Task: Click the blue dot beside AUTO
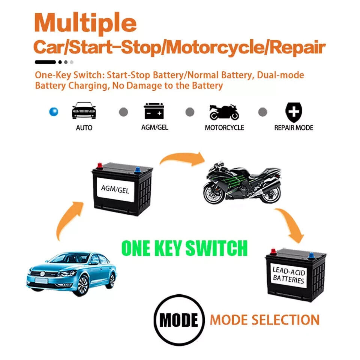[54, 112]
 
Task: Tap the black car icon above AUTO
[84, 110]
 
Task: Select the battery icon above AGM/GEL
[154, 111]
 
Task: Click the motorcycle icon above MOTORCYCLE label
[224, 112]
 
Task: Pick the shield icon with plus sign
[294, 112]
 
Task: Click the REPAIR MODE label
[294, 127]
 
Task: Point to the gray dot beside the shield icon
[262, 112]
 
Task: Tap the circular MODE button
[179, 320]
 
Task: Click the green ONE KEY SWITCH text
[184, 248]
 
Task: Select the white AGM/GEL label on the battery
[115, 189]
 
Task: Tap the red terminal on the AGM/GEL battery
[100, 166]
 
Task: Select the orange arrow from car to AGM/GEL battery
[68, 219]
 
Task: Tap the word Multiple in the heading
[85, 23]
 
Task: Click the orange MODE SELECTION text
[265, 320]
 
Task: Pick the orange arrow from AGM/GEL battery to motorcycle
[183, 158]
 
